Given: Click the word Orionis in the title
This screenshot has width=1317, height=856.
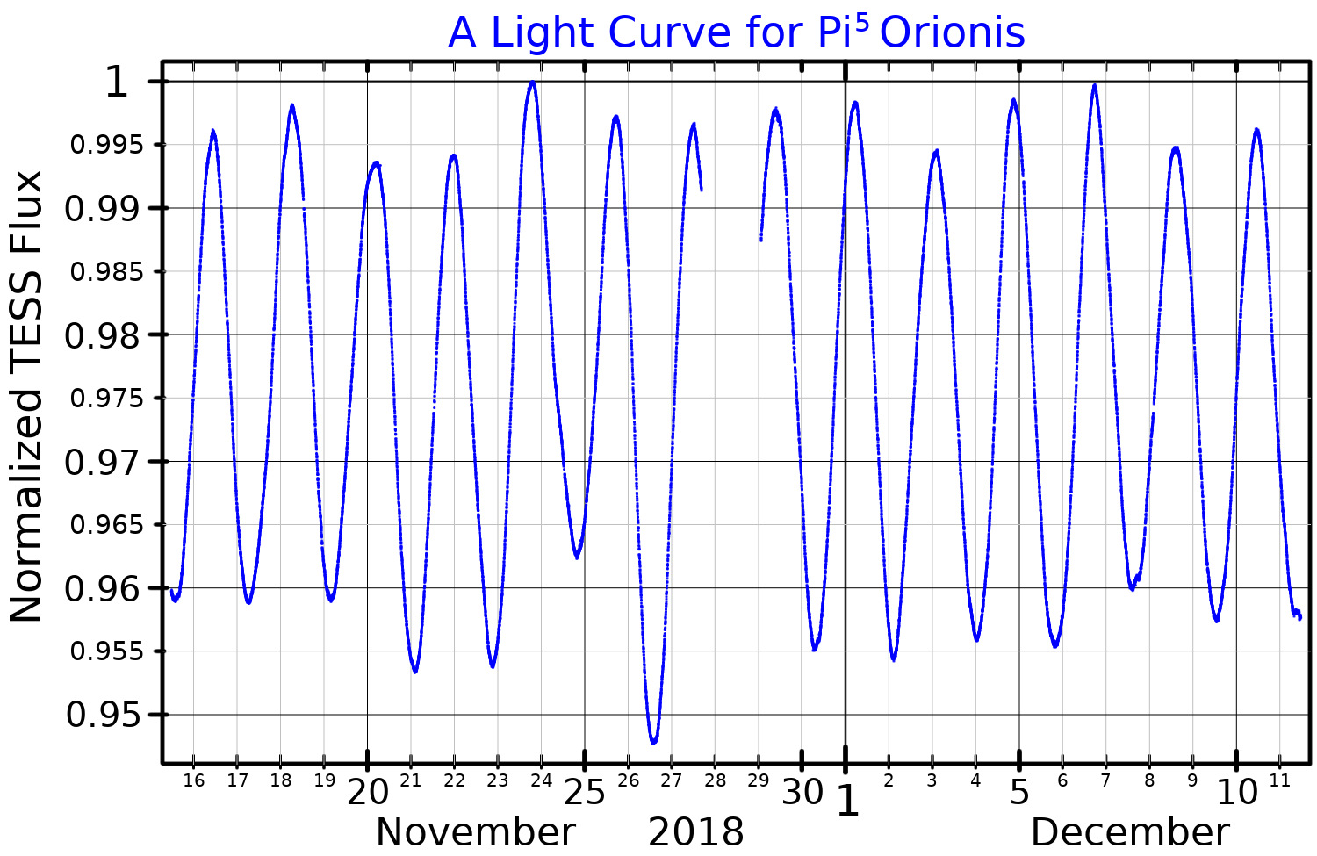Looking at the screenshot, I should pyautogui.click(x=953, y=33).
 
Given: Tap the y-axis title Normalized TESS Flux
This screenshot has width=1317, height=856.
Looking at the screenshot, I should pyautogui.click(x=26, y=397).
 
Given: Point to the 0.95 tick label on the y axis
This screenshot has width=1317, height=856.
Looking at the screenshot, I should pyautogui.click(x=104, y=716).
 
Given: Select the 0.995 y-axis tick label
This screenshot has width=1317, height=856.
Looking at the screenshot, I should pyautogui.click(x=105, y=145).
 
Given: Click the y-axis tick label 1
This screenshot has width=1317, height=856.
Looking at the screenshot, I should pyautogui.click(x=117, y=83).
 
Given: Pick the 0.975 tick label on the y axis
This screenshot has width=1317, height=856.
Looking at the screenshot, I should pyautogui.click(x=105, y=399).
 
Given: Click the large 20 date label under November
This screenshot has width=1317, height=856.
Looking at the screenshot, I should pyautogui.click(x=368, y=793).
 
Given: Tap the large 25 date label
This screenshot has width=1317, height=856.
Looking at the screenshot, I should pyautogui.click(x=585, y=793).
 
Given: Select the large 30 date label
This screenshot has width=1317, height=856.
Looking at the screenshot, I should pyautogui.click(x=802, y=793).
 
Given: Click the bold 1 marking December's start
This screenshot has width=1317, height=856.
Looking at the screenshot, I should pyautogui.click(x=847, y=801).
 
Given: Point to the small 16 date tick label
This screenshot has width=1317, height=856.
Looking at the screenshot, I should pyautogui.click(x=194, y=780).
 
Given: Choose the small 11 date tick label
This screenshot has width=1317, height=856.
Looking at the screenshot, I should pyautogui.click(x=1279, y=780).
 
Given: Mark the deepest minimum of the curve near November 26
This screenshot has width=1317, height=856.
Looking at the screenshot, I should pyautogui.click(x=653, y=742).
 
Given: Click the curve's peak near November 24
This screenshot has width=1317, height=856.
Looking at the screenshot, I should pyautogui.click(x=532, y=83).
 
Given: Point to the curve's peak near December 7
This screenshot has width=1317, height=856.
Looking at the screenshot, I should pyautogui.click(x=1094, y=86).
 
